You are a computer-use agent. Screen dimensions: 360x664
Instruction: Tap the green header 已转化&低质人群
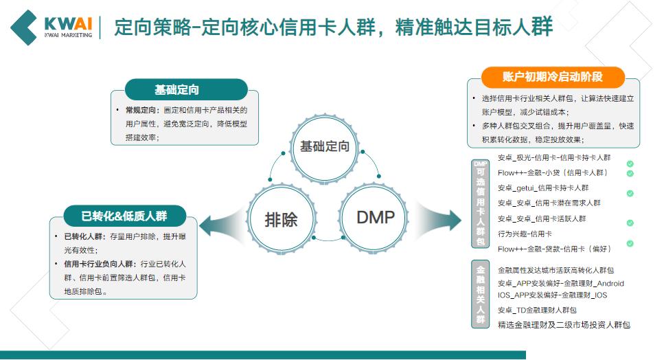pos(124,216)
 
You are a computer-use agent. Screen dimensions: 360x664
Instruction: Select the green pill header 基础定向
pos(176,89)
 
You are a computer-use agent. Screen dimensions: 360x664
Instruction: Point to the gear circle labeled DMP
pos(376,218)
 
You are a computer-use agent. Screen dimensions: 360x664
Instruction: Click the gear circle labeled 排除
pos(282,218)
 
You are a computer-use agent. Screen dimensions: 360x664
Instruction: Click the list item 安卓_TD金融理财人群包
pos(537,310)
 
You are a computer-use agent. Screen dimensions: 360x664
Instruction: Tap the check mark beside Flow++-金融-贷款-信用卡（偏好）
pos(630,244)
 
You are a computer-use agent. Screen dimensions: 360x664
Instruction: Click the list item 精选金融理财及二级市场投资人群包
pos(564,324)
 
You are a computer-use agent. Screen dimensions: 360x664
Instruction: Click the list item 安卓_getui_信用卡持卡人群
pos(543,188)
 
